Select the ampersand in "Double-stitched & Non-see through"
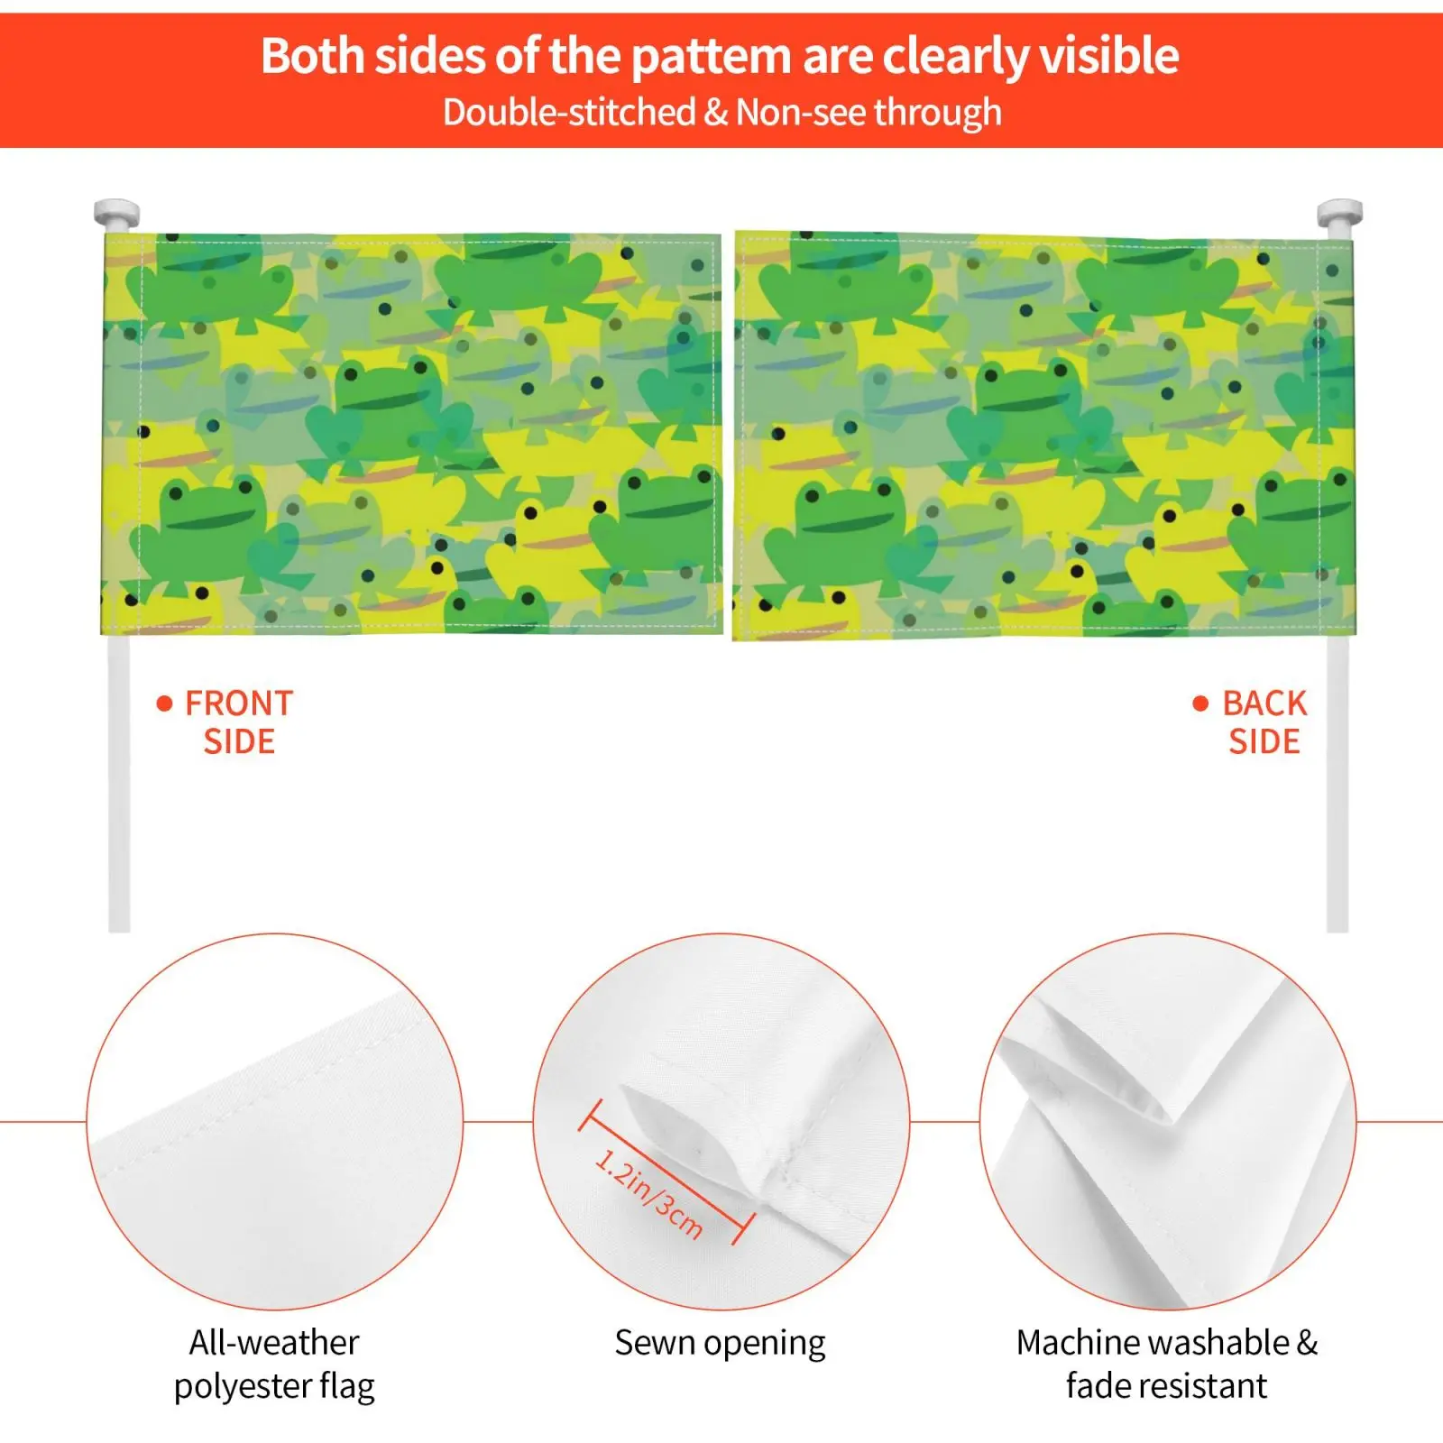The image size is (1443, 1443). [x=715, y=113]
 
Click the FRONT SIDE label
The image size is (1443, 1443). [x=239, y=722]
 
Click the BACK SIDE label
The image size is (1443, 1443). [x=1264, y=722]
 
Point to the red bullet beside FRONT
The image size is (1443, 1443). [x=164, y=703]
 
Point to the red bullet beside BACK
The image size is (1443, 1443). [x=1200, y=703]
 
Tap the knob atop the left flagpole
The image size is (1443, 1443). [x=117, y=214]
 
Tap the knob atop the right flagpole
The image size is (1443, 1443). [x=1339, y=214]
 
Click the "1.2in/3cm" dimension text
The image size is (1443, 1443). [x=648, y=1193]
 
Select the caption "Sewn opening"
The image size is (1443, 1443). [x=720, y=1343]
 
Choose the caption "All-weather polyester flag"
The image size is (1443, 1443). [x=274, y=1365]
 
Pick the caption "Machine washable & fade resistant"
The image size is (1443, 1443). [x=1167, y=1364]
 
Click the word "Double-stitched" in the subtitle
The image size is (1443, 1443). [x=569, y=113]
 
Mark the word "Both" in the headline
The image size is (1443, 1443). [x=312, y=56]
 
